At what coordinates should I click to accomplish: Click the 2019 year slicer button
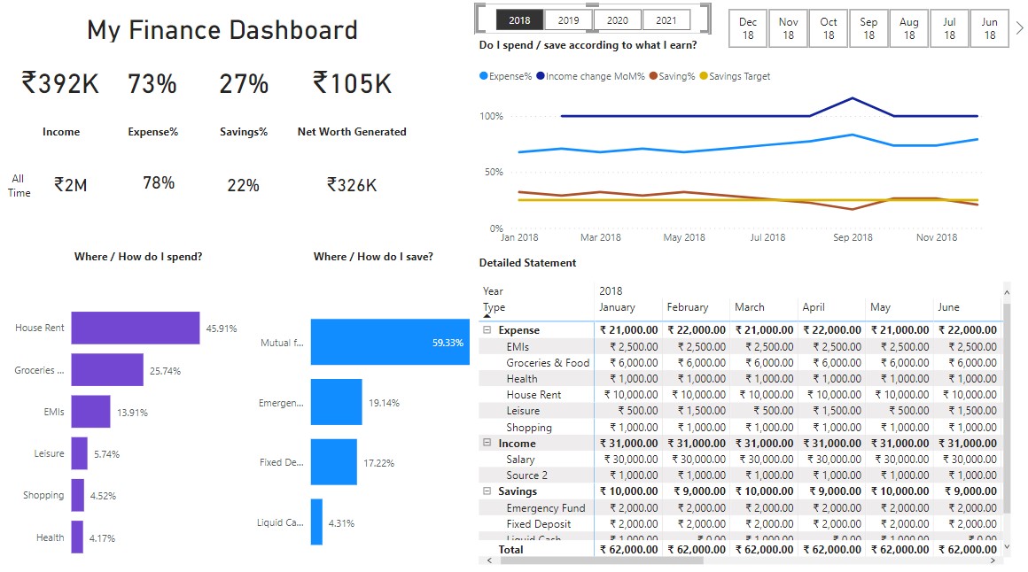569,20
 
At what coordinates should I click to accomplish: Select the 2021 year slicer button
666,20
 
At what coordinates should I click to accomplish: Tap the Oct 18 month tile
829,28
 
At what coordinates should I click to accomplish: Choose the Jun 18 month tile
990,28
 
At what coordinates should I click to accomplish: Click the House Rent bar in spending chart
135,328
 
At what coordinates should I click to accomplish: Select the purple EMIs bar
90,412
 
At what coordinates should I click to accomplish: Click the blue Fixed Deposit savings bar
333,462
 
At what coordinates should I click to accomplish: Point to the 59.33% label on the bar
448,343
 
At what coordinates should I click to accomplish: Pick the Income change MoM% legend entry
590,77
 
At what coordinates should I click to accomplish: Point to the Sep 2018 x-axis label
853,237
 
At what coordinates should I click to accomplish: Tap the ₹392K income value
60,84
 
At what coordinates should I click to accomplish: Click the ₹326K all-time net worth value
352,185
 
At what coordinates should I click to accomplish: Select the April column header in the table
814,307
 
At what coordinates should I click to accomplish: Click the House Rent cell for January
629,395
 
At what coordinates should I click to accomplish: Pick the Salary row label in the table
520,460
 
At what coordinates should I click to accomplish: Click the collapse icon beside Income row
487,443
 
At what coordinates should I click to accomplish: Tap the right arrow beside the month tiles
1019,28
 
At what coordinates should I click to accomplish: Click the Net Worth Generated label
352,132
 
